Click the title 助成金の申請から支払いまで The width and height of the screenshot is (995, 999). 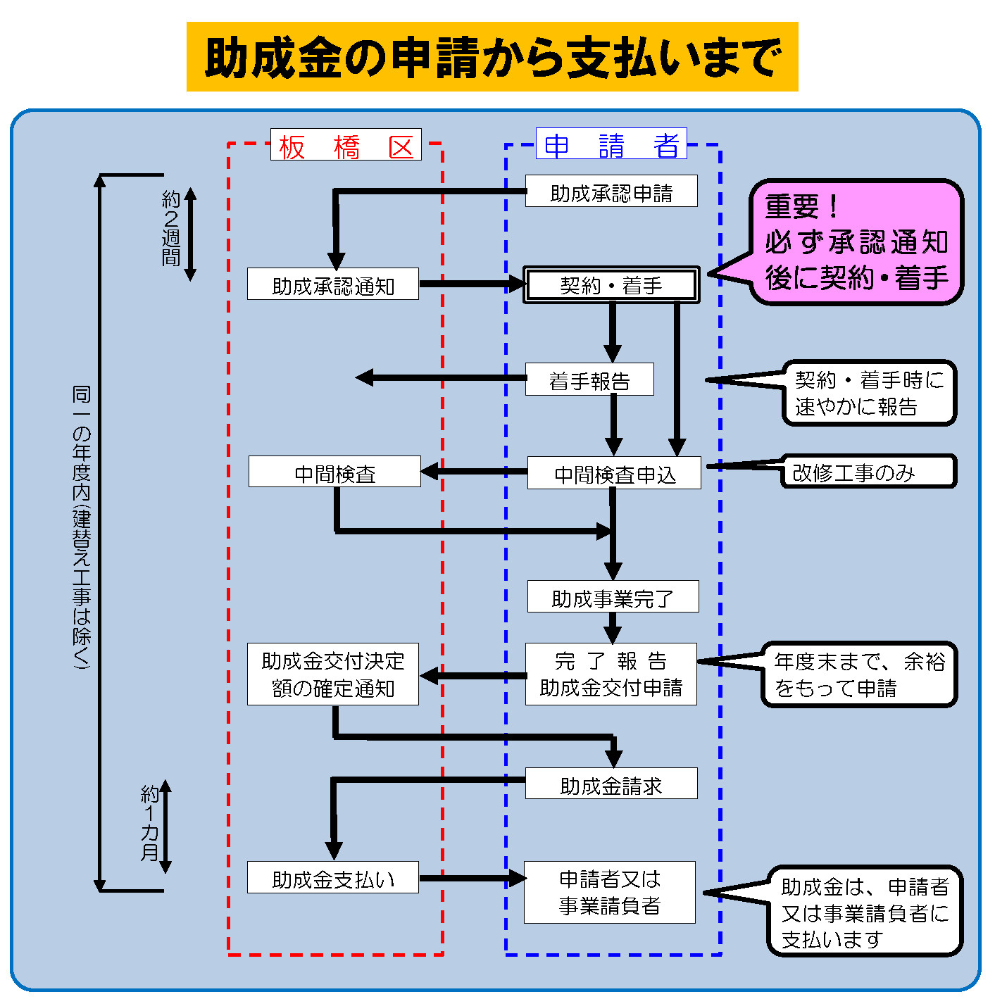(x=492, y=57)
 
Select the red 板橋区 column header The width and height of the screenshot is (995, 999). (x=346, y=145)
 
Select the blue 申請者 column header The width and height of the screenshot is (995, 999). (x=611, y=144)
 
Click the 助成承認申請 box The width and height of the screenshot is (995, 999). (x=611, y=191)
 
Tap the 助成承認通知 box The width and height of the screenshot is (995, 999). (x=332, y=284)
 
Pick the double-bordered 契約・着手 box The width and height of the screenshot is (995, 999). (x=611, y=285)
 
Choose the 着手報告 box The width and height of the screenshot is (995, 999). (x=589, y=379)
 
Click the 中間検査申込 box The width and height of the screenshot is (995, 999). (x=614, y=473)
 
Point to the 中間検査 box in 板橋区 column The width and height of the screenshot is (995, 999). (x=334, y=472)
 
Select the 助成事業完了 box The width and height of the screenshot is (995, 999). (x=613, y=597)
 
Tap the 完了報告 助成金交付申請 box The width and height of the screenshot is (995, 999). (x=611, y=674)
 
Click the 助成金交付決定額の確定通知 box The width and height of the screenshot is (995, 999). (x=332, y=674)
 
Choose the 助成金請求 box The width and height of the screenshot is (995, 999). (x=611, y=784)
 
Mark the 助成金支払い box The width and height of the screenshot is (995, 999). (x=332, y=878)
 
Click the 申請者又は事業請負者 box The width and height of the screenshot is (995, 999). (x=609, y=892)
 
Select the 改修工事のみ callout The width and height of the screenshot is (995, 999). (x=868, y=472)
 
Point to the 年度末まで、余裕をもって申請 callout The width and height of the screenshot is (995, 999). (x=859, y=674)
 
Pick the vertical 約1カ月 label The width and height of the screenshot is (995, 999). (x=149, y=824)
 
